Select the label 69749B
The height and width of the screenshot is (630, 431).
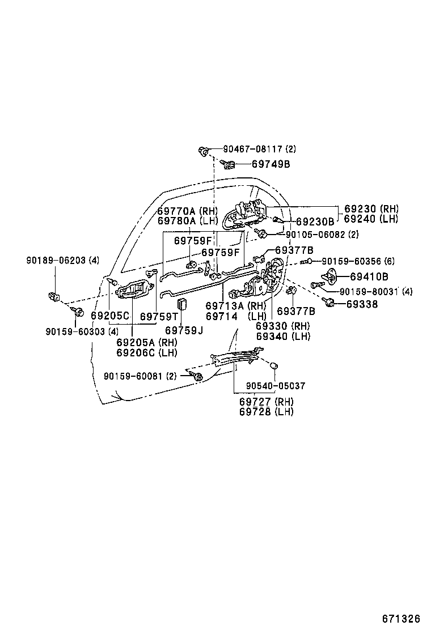coord(271,164)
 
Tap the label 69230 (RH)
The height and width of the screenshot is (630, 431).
coord(371,209)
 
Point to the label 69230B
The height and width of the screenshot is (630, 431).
coord(315,222)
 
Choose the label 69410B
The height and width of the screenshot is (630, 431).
coord(369,276)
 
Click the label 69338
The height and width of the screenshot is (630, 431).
coord(362,304)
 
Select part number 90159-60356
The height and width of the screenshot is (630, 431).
coord(352,261)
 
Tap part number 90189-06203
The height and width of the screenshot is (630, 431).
coord(56,261)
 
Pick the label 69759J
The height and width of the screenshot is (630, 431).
coord(184,330)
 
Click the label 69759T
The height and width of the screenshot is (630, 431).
coord(159,317)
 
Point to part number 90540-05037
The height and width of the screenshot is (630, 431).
coord(276,386)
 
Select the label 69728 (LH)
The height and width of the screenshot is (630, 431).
coord(266,411)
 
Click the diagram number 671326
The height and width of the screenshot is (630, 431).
coord(400,618)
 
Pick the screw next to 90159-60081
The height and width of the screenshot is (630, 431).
coord(197,376)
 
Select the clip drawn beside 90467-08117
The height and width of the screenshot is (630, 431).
coord(204,151)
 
